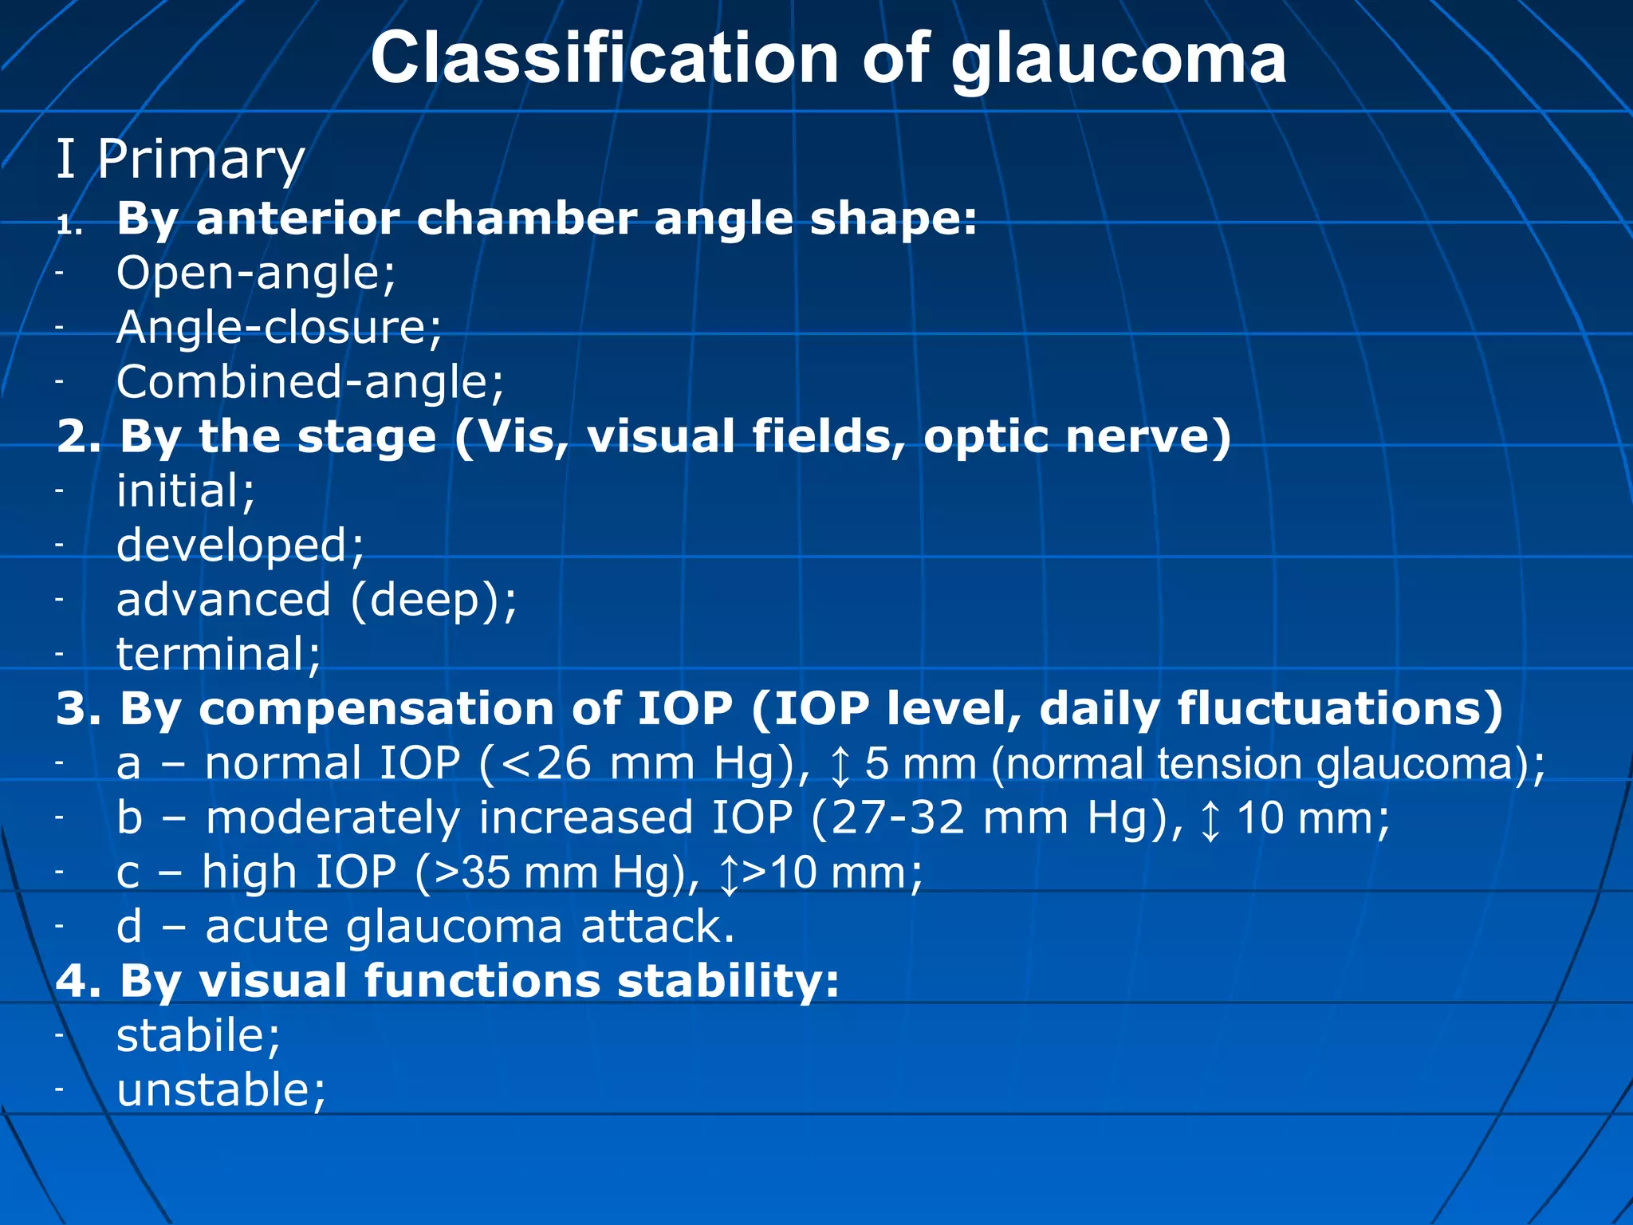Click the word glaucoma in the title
coord(1118,60)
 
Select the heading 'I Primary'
coord(180,160)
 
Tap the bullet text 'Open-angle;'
coord(256,274)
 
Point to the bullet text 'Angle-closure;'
coord(279,328)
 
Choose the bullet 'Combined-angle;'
coord(310,382)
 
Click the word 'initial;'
coord(186,490)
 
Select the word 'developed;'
coord(240,546)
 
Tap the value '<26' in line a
coord(546,763)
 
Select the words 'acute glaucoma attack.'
coord(470,927)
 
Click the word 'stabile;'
coord(199,1035)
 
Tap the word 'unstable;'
coord(221,1090)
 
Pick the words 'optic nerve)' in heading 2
coord(1077,437)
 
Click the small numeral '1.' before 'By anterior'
coord(70,226)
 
